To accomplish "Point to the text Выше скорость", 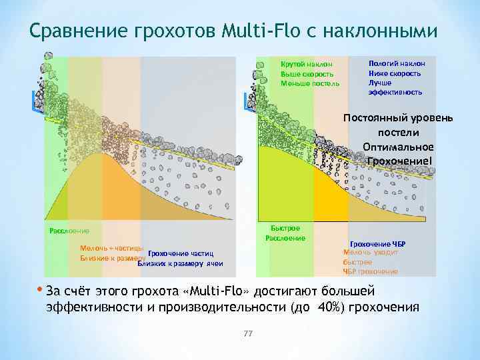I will coord(307,74).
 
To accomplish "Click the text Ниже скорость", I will coord(395,73).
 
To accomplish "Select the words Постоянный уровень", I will coord(398,118).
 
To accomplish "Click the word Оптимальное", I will coord(398,147).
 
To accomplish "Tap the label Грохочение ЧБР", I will coord(377,245).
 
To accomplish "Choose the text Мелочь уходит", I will coord(371,253).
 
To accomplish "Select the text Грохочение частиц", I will coord(180,254).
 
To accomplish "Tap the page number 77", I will coord(248,333).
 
